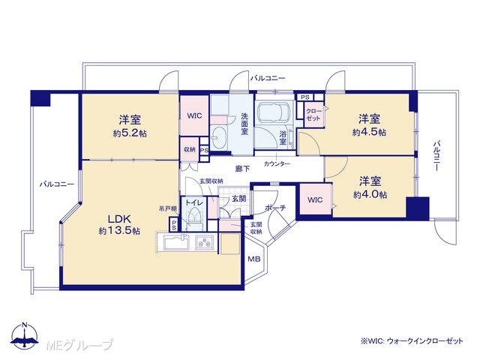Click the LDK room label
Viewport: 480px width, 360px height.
(119, 219)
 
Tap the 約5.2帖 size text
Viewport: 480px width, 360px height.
(130, 133)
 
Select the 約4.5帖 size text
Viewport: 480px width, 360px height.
(369, 132)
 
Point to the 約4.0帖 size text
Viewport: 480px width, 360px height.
(370, 195)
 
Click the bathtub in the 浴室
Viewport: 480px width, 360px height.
(273, 112)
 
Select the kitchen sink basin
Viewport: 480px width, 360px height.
(177, 243)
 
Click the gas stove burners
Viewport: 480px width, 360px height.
(204, 242)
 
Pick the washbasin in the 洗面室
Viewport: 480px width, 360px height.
(218, 136)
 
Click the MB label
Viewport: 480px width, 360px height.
(253, 259)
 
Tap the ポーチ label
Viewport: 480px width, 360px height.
(275, 208)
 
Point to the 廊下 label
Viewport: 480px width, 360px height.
(242, 168)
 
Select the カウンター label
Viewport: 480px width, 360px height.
(277, 164)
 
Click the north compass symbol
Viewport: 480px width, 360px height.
(25, 335)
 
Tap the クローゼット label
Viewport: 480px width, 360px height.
(313, 115)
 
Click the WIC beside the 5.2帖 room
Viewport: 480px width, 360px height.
(195, 115)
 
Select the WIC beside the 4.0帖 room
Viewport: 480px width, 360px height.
(315, 200)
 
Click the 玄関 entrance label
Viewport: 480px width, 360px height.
(238, 198)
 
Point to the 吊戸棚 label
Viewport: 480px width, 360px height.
(168, 209)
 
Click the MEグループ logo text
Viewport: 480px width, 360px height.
(79, 345)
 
